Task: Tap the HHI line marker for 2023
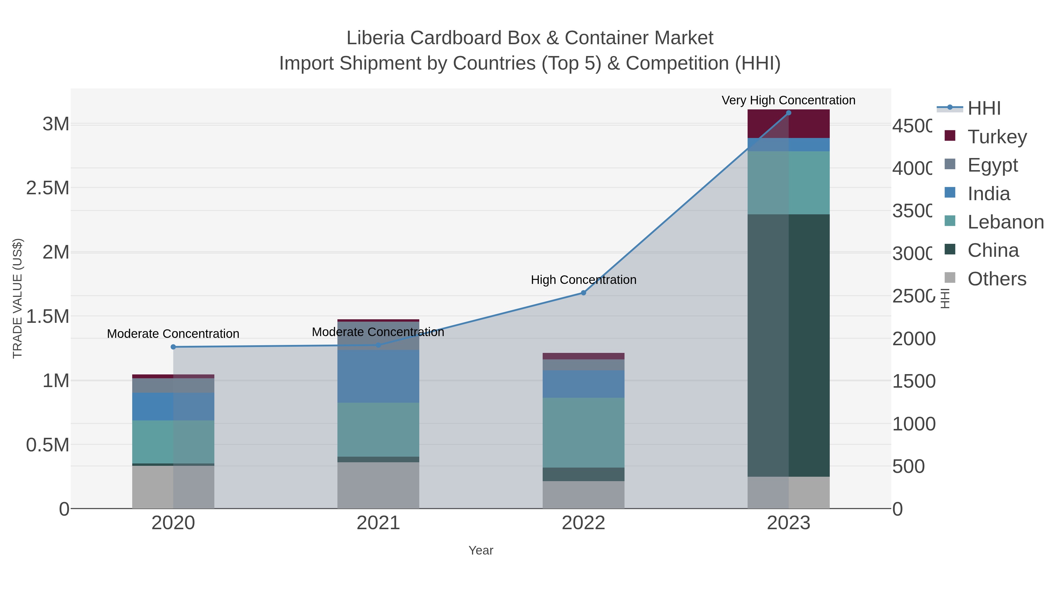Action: pyautogui.click(x=789, y=113)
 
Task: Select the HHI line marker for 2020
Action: pyautogui.click(x=173, y=347)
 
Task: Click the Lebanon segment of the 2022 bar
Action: pyautogui.click(x=583, y=432)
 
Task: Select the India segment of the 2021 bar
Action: pyautogui.click(x=378, y=376)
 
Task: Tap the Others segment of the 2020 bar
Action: pyautogui.click(x=173, y=487)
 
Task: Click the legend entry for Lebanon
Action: pyautogui.click(x=1005, y=222)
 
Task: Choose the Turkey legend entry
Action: pyautogui.click(x=997, y=137)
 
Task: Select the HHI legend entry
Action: pyautogui.click(x=983, y=108)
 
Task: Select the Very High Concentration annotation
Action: pyautogui.click(x=789, y=100)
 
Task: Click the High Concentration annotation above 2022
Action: pyautogui.click(x=583, y=280)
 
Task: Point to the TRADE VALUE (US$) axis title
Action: pyautogui.click(x=17, y=298)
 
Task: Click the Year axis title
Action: pyautogui.click(x=481, y=550)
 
